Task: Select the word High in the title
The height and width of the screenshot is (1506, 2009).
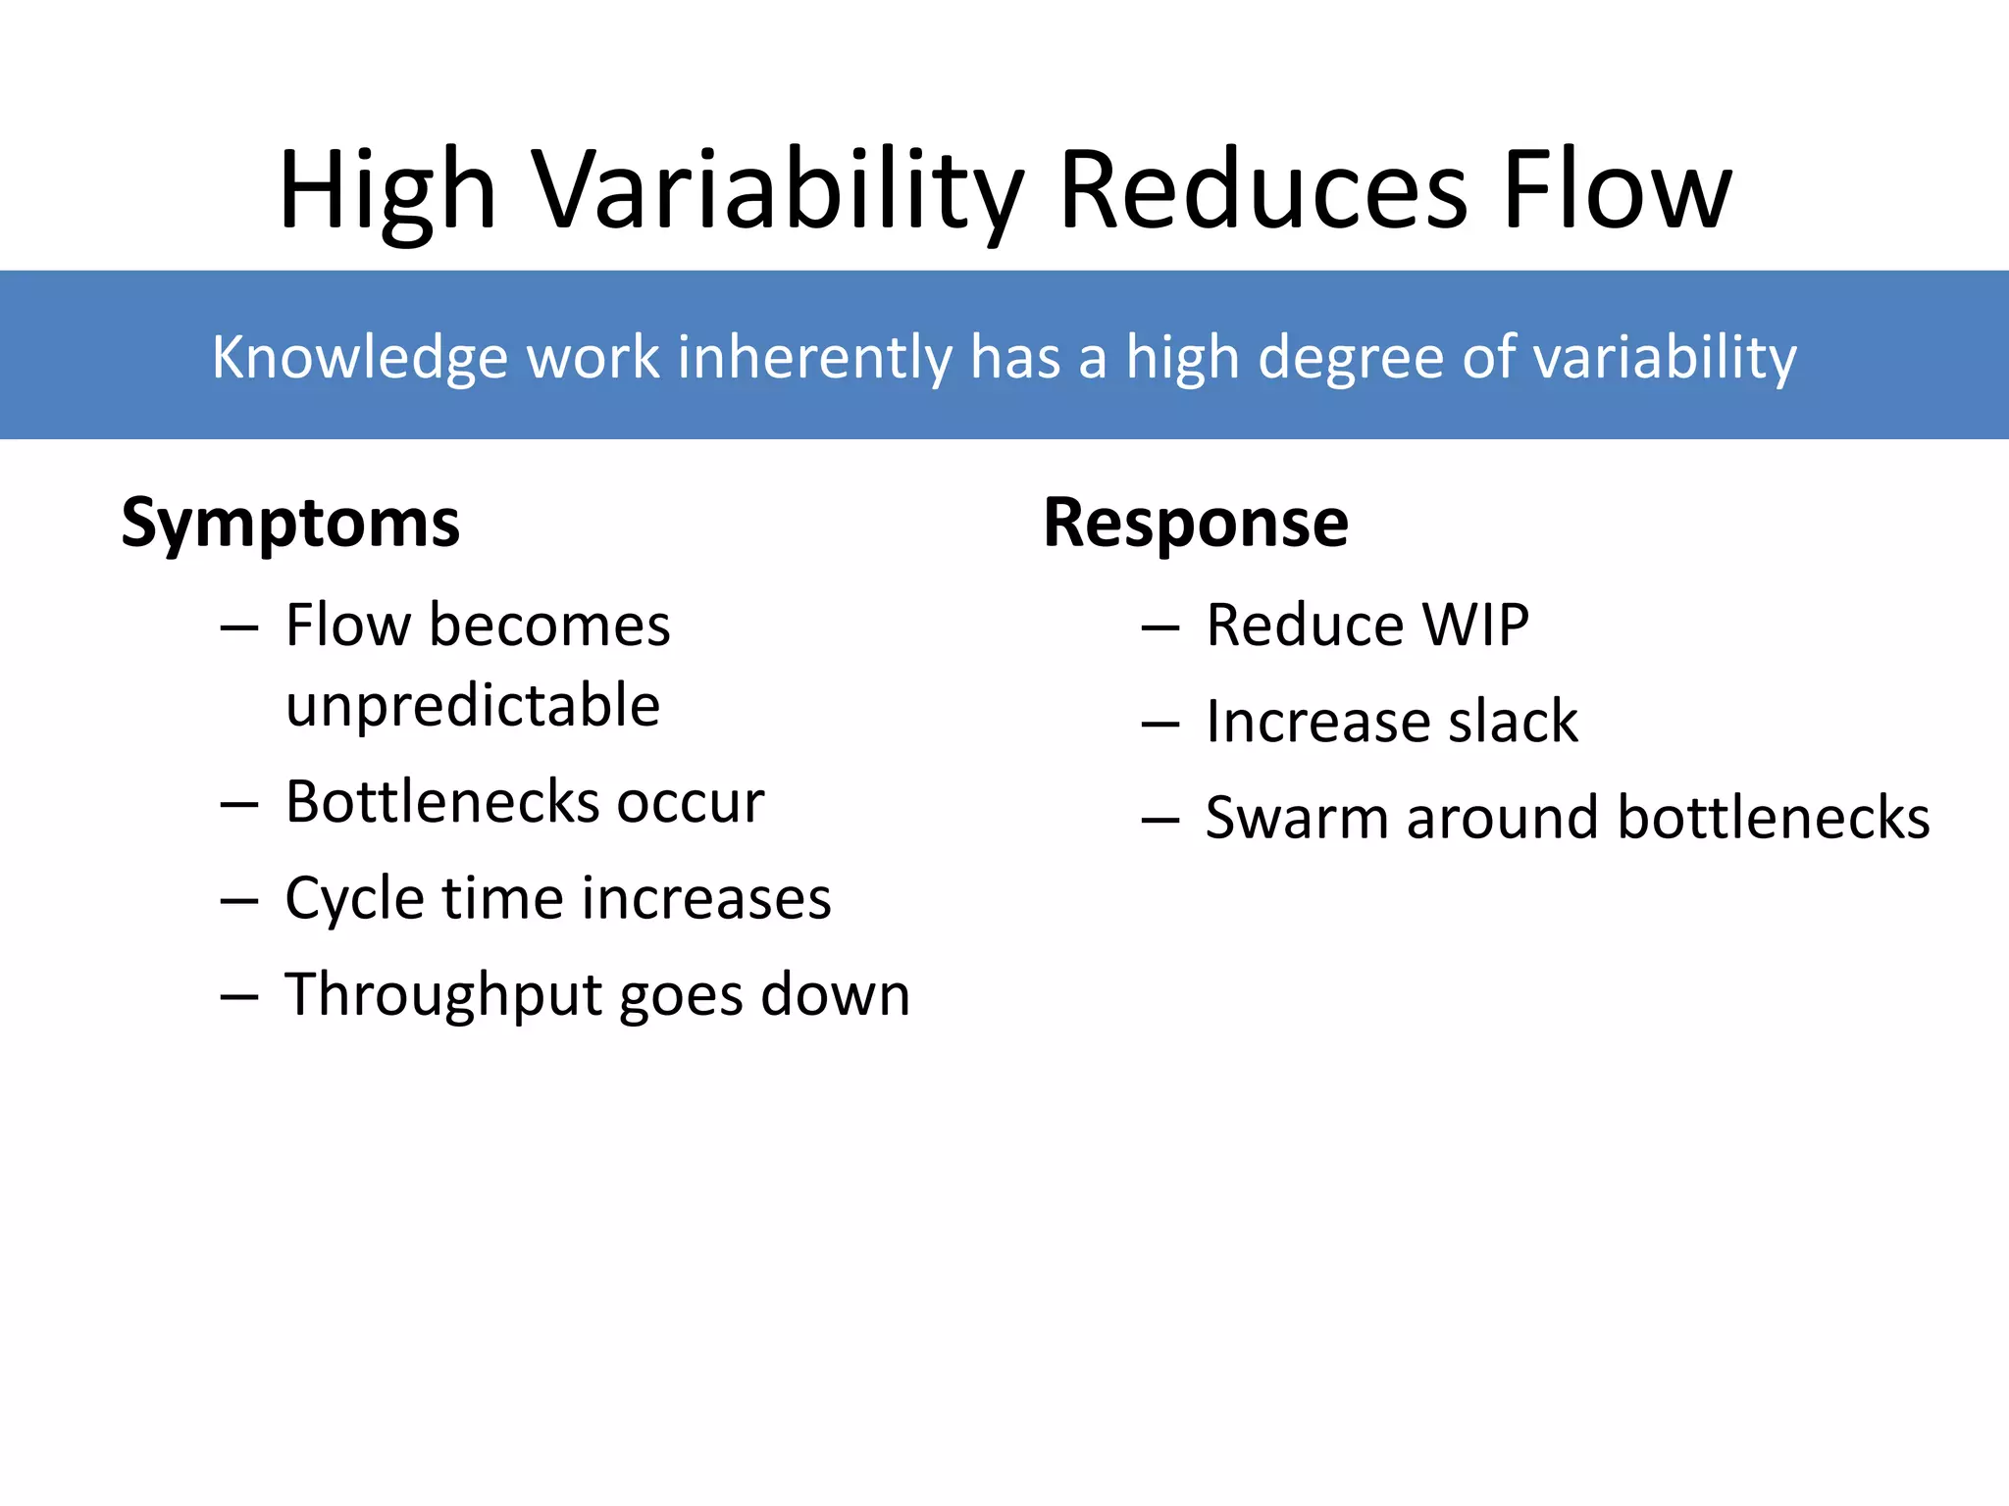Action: coord(387,191)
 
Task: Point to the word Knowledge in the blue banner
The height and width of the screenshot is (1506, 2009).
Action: coord(359,358)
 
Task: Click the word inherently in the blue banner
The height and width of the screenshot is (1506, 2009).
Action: coord(814,358)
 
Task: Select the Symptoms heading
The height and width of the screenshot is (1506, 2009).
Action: coord(290,524)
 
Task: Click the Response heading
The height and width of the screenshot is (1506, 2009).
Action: coord(1195,522)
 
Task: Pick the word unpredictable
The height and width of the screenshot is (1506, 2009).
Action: coord(473,706)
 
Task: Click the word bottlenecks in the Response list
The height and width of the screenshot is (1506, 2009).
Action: coord(1773,818)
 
